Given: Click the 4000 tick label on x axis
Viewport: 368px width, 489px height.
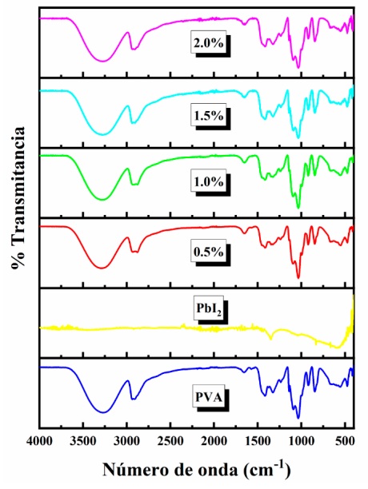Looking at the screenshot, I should (40, 440).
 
